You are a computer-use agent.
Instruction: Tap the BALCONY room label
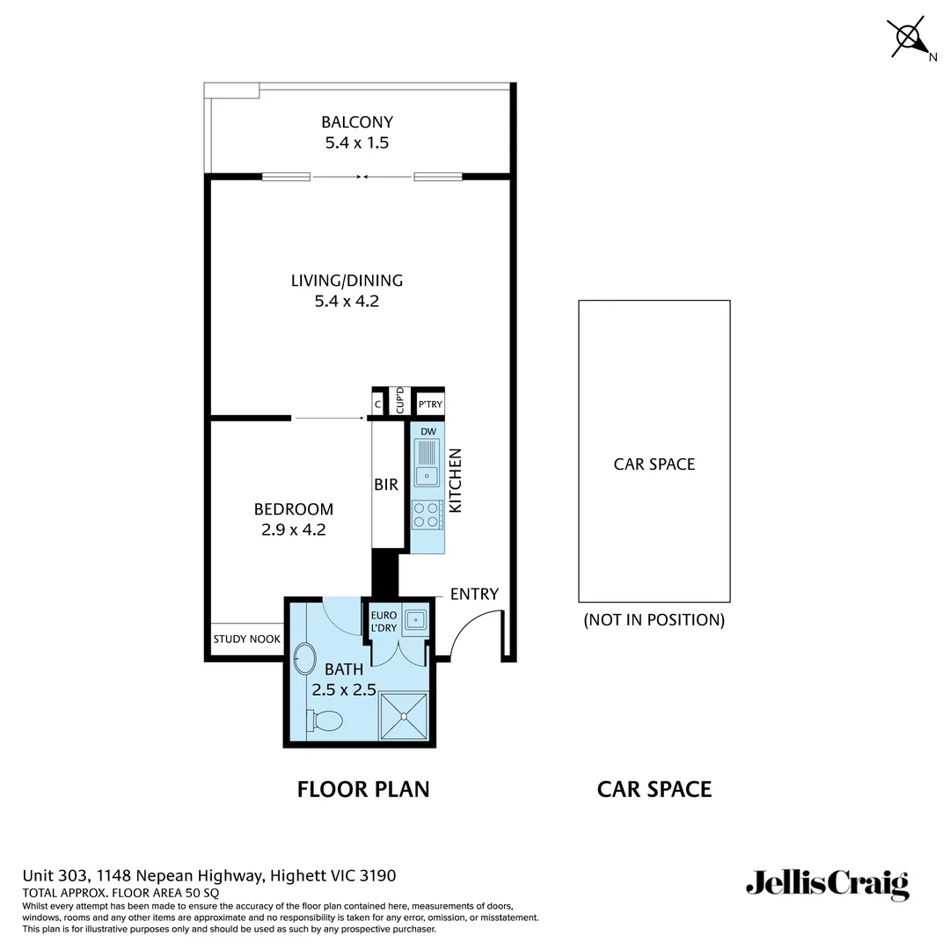coord(356,122)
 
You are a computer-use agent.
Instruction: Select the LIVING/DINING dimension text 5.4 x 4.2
coord(347,302)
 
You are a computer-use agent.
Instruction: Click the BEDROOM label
coord(294,509)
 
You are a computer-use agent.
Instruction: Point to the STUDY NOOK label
coord(247,639)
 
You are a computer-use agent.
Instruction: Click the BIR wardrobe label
coord(386,485)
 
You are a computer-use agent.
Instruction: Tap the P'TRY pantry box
coord(430,405)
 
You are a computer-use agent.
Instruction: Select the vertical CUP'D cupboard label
coord(400,402)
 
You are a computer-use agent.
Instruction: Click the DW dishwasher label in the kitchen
coord(428,431)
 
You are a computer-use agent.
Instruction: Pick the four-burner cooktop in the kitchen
coord(427,515)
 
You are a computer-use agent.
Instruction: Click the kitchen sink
coord(427,464)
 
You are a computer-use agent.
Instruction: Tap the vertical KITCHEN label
coord(456,481)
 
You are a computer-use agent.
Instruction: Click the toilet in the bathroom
coord(325,720)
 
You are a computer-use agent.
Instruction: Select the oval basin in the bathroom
coord(304,657)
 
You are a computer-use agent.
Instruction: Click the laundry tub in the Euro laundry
coord(413,622)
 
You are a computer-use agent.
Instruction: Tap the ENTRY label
coord(474,594)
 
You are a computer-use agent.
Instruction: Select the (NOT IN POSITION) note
coord(654,620)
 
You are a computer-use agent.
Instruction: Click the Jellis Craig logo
coord(827,883)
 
